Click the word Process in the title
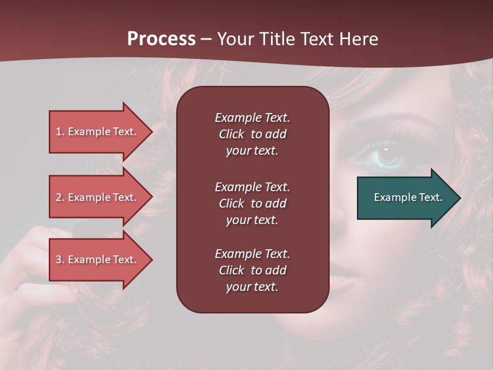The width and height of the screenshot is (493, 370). point(161,39)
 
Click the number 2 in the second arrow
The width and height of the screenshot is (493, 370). point(59,197)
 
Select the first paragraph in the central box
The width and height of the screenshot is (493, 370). point(252,134)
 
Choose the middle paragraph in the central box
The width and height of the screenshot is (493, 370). point(252,203)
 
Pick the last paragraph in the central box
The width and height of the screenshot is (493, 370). point(252,270)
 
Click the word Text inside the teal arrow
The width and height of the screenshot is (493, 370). point(431,197)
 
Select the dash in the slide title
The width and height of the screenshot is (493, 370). point(206,40)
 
